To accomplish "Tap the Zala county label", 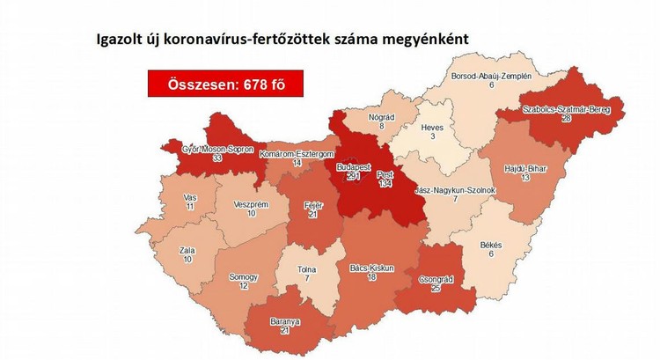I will click(187, 251).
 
